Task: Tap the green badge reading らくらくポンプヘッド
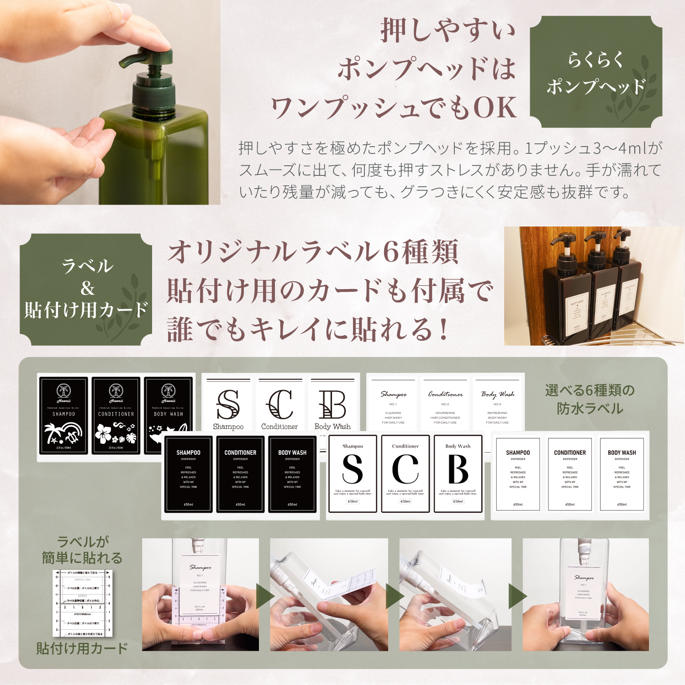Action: coord(596,72)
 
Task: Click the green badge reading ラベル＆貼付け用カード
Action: coord(86,289)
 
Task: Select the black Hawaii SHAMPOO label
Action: coord(63,415)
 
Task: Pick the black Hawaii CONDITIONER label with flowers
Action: coord(116,415)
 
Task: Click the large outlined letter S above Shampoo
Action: coord(228,405)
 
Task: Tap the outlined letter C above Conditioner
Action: coord(279,405)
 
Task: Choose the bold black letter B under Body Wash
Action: coord(458,470)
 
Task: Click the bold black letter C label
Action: coord(405,470)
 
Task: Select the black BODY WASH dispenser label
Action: coord(292,474)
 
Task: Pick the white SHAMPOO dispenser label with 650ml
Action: coord(518,474)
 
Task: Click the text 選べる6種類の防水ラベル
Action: coord(590,399)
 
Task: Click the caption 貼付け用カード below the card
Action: coord(82,648)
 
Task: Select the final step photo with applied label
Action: coord(585,595)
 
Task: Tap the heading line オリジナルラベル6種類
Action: coord(313,253)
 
